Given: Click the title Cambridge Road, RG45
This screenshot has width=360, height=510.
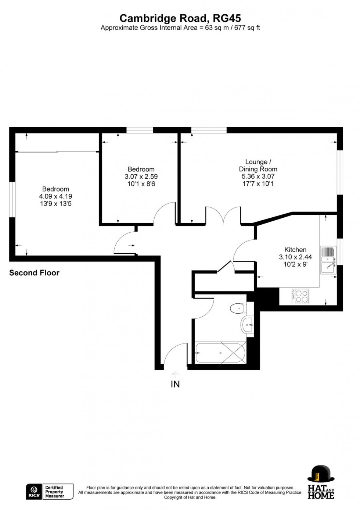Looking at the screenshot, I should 180,18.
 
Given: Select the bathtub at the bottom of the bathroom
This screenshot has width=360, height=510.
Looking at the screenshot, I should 220,353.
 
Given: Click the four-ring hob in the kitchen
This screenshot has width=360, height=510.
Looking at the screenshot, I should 300,296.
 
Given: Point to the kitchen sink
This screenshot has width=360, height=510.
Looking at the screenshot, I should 328,260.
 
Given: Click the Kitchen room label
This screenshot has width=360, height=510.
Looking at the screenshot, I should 295,250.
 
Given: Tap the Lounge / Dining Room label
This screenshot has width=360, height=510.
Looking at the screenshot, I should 258,165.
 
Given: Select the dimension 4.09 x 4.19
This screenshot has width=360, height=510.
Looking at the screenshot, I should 55,196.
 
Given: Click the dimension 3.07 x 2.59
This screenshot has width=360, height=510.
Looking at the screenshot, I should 141,176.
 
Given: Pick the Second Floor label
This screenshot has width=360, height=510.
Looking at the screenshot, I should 34,273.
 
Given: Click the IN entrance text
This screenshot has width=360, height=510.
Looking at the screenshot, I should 175,384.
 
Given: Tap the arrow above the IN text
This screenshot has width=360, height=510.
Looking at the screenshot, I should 175,374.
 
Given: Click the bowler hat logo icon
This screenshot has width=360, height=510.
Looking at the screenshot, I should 321,474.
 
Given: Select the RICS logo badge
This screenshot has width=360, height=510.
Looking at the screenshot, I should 34,492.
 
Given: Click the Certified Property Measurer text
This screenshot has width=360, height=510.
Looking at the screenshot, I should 54,492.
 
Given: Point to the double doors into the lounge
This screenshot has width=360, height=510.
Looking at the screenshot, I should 223,215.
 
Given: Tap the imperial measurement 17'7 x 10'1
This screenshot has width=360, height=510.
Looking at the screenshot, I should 258,183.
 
